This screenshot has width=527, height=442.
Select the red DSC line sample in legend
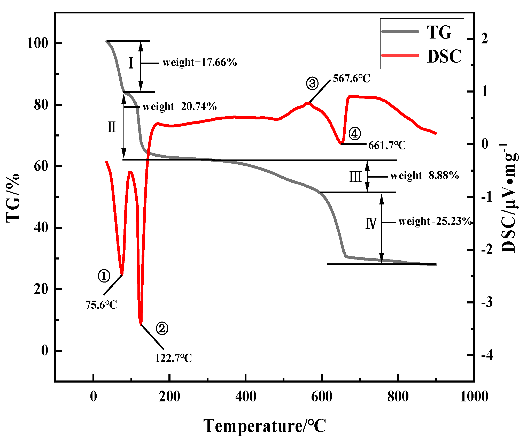[400, 55]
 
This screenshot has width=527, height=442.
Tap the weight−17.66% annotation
[200, 63]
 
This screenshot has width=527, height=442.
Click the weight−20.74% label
[180, 107]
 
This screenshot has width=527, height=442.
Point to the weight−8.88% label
[424, 176]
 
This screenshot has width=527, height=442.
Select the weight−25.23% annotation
[435, 222]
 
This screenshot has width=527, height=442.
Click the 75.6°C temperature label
[101, 305]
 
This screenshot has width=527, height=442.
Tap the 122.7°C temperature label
[173, 358]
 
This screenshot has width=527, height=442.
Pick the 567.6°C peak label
[351, 79]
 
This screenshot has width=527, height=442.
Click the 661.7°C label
[387, 146]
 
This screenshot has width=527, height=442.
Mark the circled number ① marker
[104, 276]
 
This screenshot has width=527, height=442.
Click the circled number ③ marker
[312, 83]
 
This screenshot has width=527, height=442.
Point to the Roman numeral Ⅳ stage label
[371, 223]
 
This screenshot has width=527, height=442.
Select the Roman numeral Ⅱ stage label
[112, 127]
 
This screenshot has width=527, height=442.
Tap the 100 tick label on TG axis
[38, 43]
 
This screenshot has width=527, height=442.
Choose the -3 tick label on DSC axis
[487, 302]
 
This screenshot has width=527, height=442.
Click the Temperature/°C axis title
[265, 426]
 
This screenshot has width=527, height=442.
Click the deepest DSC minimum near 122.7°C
[141, 325]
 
